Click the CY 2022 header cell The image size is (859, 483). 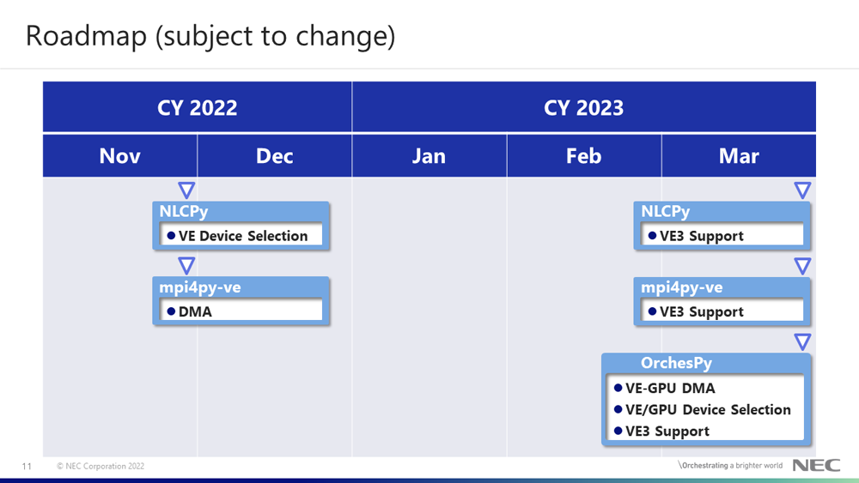tap(198, 107)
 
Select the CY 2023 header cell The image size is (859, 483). tap(584, 107)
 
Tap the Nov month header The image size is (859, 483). tap(120, 156)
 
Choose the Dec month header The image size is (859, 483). tap(275, 156)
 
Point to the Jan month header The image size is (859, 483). tap(429, 156)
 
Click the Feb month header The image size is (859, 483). tap(584, 156)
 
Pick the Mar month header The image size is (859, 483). tap(739, 156)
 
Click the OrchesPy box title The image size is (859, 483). tap(676, 363)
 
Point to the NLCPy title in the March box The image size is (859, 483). tap(665, 211)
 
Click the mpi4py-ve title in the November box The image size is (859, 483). tap(200, 287)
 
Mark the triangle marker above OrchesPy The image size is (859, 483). tap(802, 341)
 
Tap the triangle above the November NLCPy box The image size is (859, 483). tap(186, 190)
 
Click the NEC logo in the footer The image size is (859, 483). tap(816, 466)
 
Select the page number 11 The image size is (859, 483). tap(27, 466)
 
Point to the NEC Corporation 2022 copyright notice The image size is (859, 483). tap(101, 466)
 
